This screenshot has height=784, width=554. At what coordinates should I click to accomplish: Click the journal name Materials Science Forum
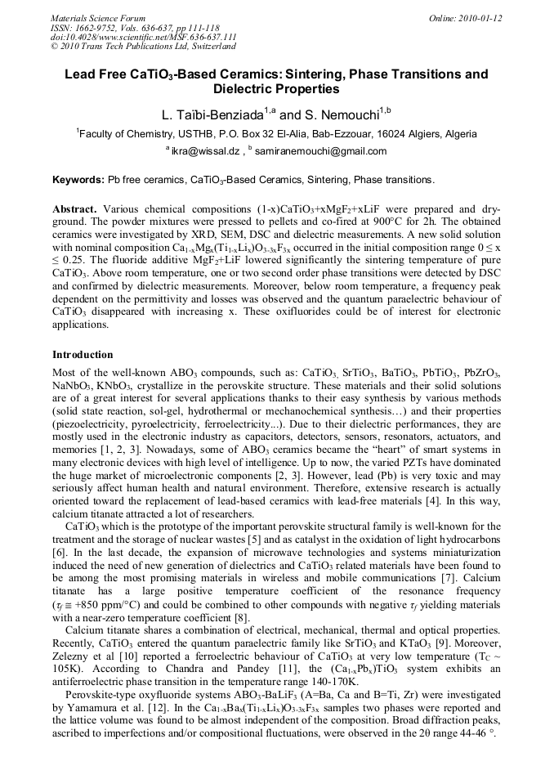pos(98,17)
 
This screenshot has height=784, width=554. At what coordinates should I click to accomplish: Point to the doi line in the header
pos(144,37)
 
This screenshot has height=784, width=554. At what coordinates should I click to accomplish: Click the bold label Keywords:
pos(78,179)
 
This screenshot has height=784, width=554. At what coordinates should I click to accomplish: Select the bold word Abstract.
pos(75,209)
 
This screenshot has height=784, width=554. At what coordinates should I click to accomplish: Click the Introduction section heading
pos(83,355)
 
